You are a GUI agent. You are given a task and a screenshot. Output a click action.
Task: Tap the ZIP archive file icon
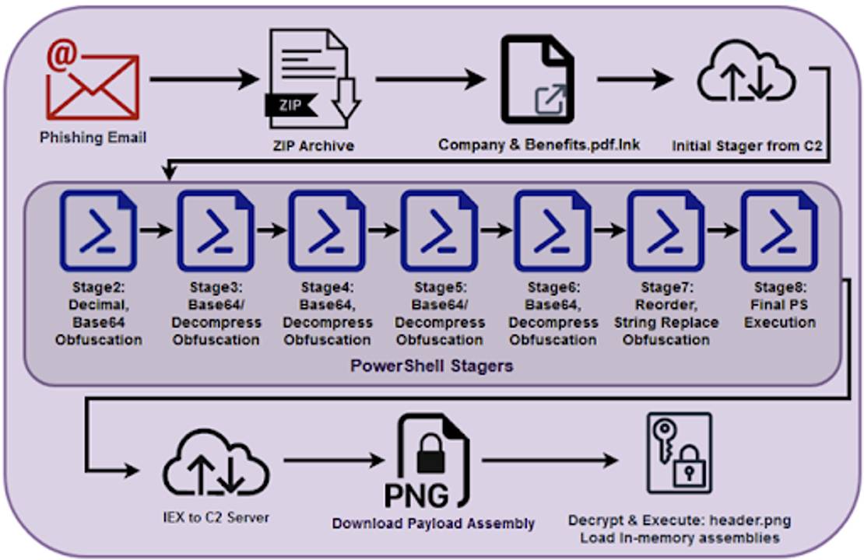312,79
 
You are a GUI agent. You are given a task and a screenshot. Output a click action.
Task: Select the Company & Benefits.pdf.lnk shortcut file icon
537,79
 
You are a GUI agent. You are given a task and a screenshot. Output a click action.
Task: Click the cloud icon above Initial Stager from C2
746,72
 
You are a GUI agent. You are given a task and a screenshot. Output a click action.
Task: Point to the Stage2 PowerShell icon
98,230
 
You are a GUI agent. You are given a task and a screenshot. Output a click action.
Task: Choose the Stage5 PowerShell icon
439,230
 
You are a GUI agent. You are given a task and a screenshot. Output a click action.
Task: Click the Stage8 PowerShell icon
779,230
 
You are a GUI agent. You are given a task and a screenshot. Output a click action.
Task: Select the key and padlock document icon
680,453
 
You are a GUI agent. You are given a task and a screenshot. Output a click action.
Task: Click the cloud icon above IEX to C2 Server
216,463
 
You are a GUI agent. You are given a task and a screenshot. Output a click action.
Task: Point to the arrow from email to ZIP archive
204,79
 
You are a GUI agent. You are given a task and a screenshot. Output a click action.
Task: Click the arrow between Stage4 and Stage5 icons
384,229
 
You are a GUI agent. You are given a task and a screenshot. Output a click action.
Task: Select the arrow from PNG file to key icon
550,460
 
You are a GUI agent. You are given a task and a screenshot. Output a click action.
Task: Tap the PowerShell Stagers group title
431,366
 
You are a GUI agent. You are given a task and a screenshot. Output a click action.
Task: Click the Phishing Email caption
93,138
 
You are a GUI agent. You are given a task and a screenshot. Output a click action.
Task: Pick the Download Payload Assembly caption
433,523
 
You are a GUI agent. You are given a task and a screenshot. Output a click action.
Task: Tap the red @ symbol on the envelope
62,54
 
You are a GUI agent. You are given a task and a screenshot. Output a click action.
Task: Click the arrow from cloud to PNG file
334,460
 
